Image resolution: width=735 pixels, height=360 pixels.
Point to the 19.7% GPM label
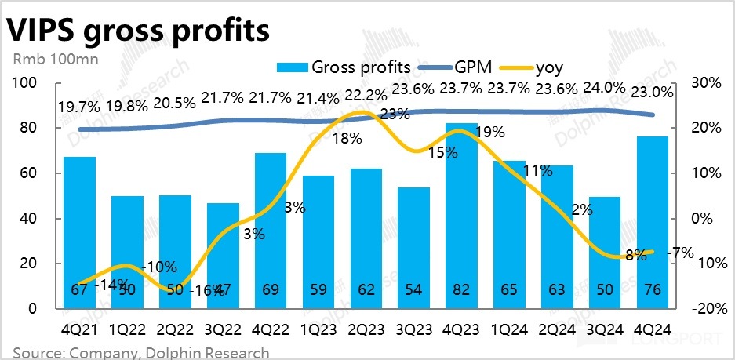79,107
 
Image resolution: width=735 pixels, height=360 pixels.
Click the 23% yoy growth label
395,115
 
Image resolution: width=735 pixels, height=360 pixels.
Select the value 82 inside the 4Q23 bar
462,289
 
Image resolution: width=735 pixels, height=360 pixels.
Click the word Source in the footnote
37,352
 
